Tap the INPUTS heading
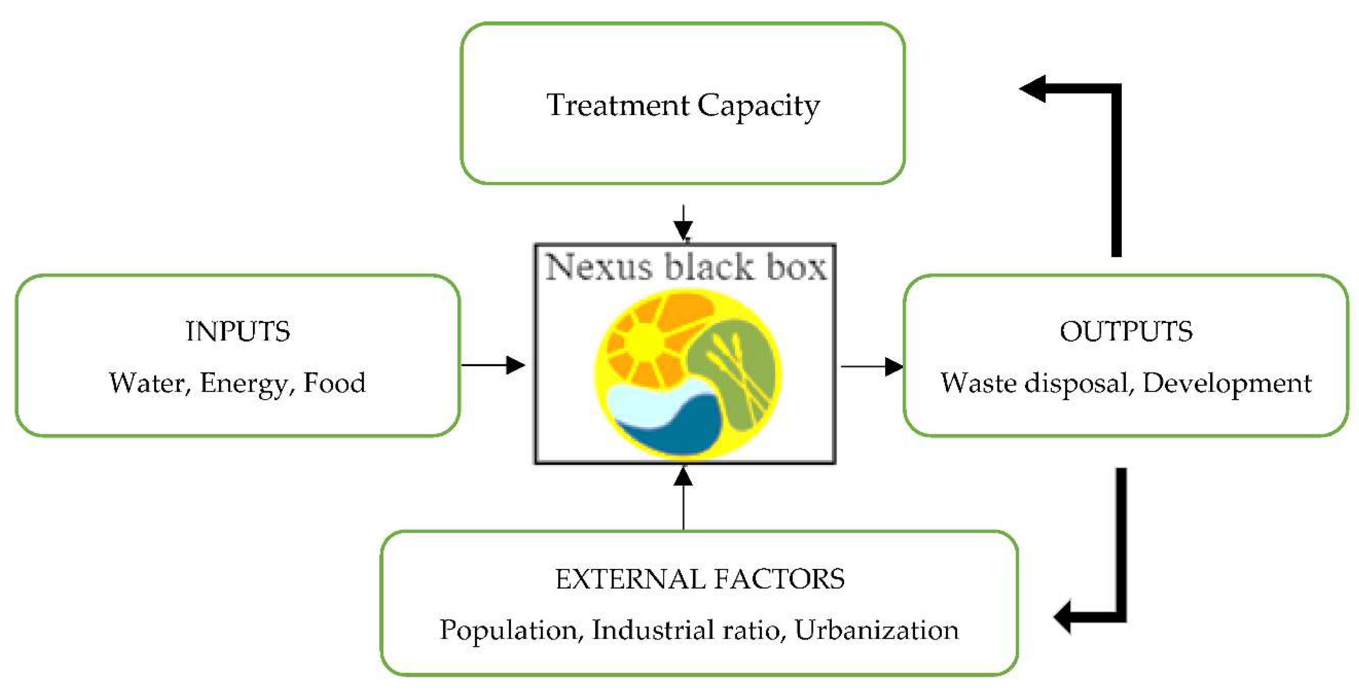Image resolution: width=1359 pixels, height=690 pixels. [x=238, y=331]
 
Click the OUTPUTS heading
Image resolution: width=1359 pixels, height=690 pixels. [x=1126, y=331]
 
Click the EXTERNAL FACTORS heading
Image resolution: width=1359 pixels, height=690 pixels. [x=699, y=579]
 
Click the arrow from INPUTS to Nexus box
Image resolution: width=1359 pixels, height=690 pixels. [x=493, y=365]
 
